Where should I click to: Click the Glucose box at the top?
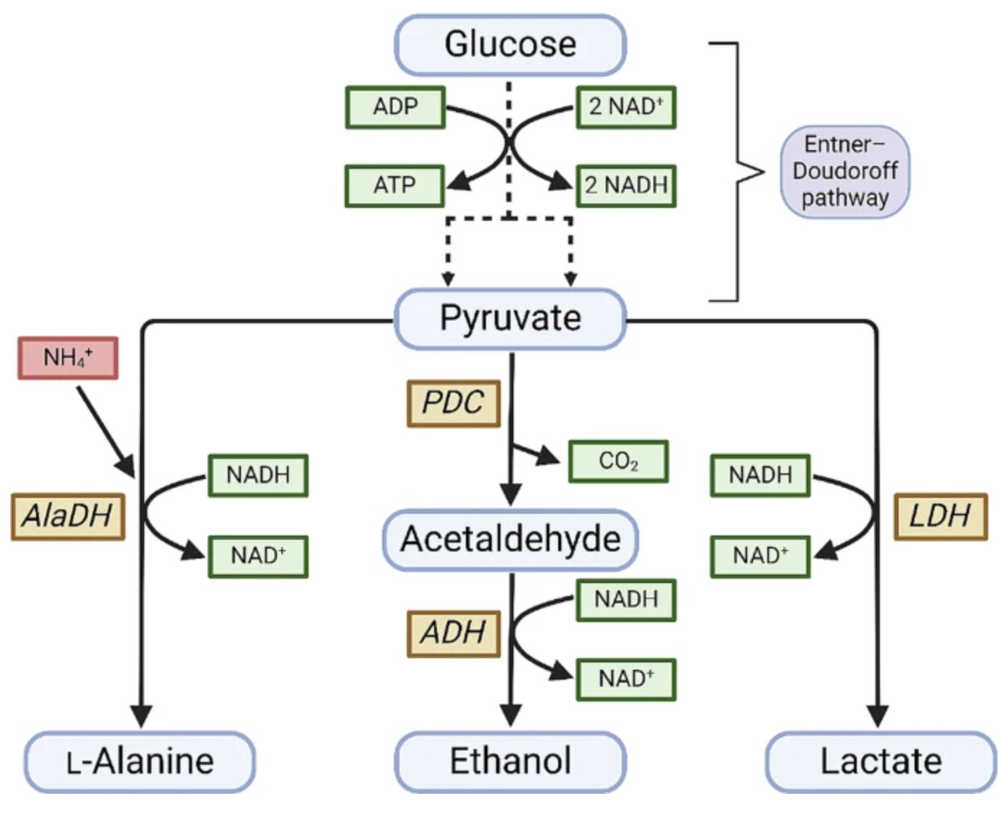pos(510,45)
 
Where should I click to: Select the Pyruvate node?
pos(510,318)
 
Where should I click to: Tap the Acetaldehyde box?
pos(510,539)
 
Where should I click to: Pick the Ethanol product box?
pos(510,761)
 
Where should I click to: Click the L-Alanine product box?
pos(140,761)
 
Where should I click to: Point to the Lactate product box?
pos(881,761)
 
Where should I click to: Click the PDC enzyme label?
pos(454,403)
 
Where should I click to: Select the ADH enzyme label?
pos(454,633)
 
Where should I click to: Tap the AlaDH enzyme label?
pos(68,517)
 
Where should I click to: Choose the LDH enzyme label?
pos(940,517)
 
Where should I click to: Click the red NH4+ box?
pos(68,358)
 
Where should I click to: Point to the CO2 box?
pos(618,461)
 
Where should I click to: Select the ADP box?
pos(395,107)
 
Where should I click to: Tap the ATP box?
pos(394,185)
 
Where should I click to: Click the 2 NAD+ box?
pos(626,107)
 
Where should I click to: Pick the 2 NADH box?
pos(626,185)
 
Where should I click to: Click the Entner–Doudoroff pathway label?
pos(845,172)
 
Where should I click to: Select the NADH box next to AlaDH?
pos(258,475)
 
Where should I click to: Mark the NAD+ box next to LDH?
pos(760,556)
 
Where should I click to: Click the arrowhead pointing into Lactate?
pos(877,716)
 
